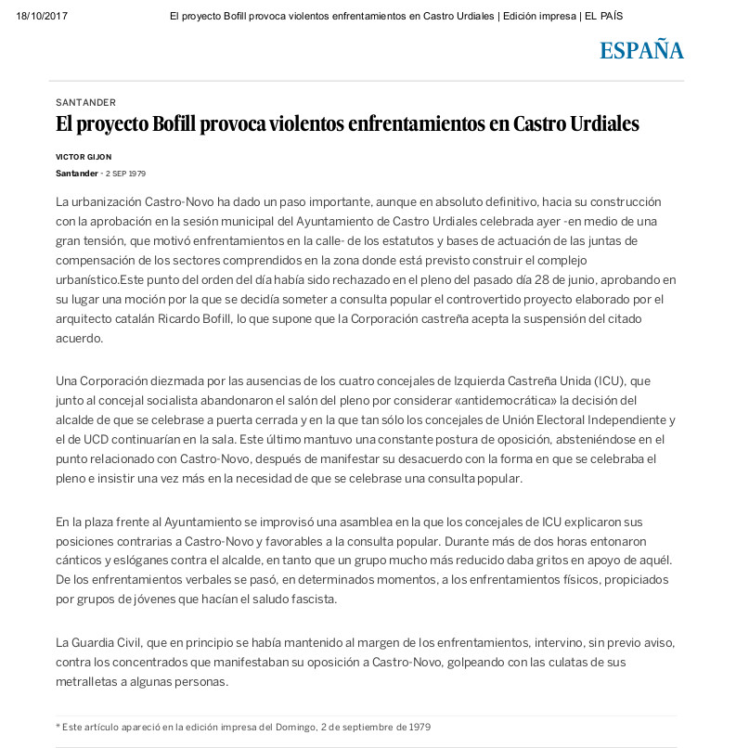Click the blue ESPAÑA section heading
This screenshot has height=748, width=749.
coord(641,51)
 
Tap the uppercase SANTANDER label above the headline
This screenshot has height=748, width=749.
coord(85,103)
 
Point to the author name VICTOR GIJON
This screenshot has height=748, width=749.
coord(84,157)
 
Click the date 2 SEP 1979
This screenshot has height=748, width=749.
coord(125,174)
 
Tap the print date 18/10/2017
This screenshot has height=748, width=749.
coord(42,16)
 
